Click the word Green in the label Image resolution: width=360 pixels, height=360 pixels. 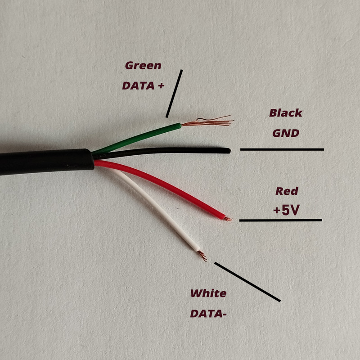(143, 65)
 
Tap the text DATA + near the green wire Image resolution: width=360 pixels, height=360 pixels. (143, 85)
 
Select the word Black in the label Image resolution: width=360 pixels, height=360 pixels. (286, 113)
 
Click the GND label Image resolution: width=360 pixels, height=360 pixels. (286, 133)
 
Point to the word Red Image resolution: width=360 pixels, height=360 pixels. (287, 191)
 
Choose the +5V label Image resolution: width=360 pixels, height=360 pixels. (286, 210)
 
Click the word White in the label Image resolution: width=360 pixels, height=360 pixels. (208, 293)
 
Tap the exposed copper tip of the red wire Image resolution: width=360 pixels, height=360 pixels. (229, 219)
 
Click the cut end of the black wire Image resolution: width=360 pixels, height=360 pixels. (229, 151)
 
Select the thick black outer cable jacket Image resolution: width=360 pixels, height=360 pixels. (45, 162)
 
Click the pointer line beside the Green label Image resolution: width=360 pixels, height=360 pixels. (174, 93)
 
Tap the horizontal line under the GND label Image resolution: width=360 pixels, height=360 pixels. (282, 149)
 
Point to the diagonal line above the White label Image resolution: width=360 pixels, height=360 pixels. (247, 282)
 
